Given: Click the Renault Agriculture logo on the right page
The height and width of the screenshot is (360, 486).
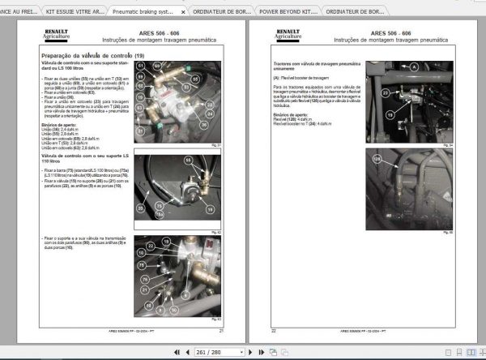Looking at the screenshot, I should pyautogui.click(x=287, y=36).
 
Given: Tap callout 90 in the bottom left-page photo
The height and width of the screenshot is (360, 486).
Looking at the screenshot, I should pyautogui.click(x=172, y=310).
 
